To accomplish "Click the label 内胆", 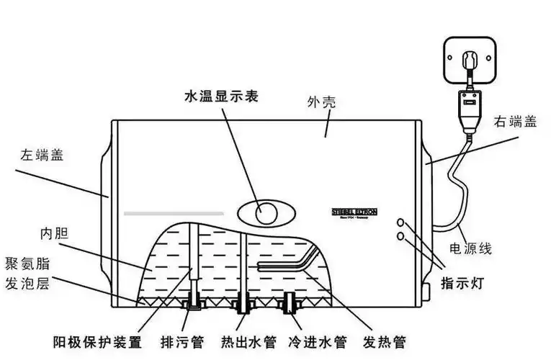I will point(54,234).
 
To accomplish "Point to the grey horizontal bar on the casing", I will point(174,213).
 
